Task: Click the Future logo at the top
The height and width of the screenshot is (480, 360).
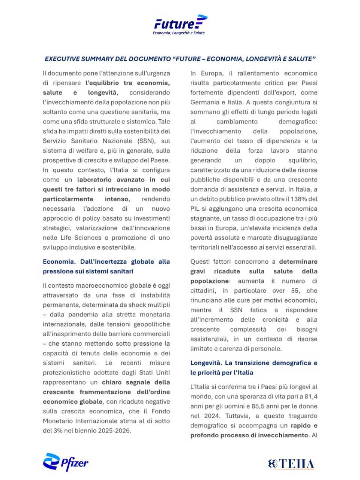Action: pos(180,23)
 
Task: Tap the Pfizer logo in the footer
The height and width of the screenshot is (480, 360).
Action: pos(66,462)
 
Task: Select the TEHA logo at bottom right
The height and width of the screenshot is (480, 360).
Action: pos(291,464)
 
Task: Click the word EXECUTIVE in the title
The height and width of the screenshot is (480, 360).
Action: pos(61,59)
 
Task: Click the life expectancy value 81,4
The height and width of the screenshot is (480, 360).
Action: pos(310,396)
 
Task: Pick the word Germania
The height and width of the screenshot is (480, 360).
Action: pos(204,102)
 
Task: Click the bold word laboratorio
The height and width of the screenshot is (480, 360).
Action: pos(98,180)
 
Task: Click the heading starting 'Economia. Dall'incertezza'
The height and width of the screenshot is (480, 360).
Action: pos(106,266)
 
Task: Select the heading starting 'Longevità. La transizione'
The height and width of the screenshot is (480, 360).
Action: pos(253,367)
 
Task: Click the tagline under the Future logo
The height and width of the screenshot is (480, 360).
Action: pos(178,33)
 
